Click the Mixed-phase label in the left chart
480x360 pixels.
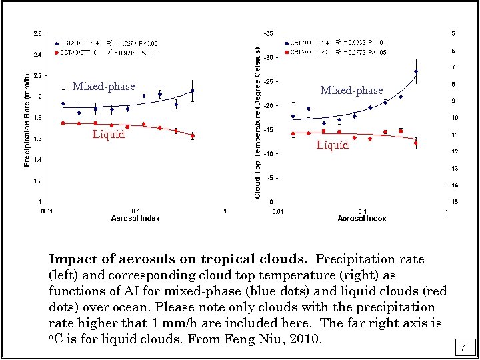tap(103, 86)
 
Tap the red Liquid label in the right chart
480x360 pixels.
tap(332, 145)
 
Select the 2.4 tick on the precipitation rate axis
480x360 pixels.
tap(38, 55)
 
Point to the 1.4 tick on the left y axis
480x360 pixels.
tap(38, 160)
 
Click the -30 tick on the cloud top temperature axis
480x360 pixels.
tap(267, 57)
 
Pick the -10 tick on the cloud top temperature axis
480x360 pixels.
tap(267, 153)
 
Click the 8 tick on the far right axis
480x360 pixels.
tap(453, 85)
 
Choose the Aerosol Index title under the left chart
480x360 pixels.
tap(135, 218)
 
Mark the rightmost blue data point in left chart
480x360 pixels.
tap(192, 91)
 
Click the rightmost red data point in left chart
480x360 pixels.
tap(192, 135)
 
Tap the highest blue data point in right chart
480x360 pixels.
tap(416, 71)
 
